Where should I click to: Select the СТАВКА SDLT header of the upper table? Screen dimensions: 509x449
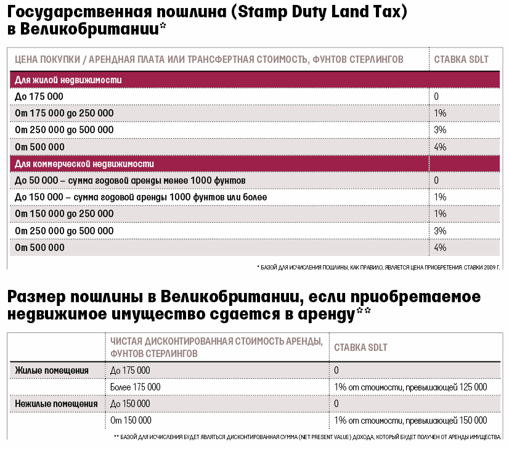(x=462, y=59)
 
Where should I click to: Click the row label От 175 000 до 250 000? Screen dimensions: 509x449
(x=64, y=113)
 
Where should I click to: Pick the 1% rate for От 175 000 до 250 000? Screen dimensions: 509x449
(x=440, y=113)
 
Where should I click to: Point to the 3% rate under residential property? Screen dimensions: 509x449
(x=440, y=130)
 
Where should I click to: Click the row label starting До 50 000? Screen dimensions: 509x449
(x=130, y=181)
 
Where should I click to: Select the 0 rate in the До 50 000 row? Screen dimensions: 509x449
(x=437, y=180)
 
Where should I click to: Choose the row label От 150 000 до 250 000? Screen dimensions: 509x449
(x=64, y=214)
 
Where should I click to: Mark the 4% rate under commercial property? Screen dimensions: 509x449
(x=440, y=247)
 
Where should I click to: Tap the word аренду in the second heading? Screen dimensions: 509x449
(x=326, y=314)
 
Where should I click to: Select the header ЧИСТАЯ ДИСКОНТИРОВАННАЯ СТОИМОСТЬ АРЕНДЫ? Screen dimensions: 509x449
(x=216, y=342)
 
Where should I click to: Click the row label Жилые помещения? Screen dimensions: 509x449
(x=52, y=371)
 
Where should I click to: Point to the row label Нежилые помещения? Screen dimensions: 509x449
(x=56, y=404)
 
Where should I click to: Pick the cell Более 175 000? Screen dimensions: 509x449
(x=136, y=387)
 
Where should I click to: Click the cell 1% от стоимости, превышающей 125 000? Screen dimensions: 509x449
(x=410, y=387)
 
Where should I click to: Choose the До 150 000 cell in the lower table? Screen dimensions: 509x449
(x=130, y=404)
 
